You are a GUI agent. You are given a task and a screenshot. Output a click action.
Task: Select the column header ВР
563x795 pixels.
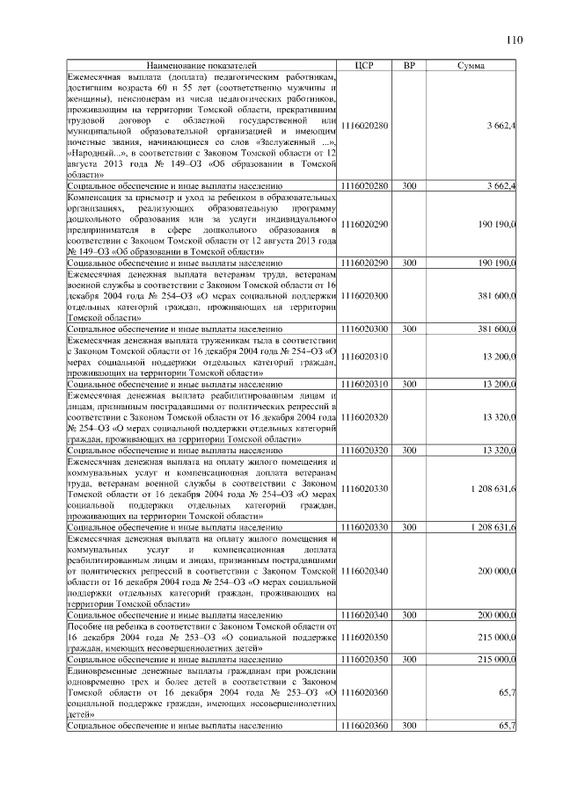(408, 66)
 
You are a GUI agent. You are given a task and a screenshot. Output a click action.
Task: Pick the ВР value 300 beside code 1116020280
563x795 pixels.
(408, 186)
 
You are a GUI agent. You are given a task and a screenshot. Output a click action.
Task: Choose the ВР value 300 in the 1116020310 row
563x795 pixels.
(408, 385)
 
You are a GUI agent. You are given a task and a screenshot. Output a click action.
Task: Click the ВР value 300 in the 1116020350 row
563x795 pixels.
(408, 658)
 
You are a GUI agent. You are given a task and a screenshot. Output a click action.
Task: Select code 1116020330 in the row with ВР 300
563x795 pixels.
(364, 527)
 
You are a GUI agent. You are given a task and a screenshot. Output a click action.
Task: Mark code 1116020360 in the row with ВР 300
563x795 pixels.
(364, 726)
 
